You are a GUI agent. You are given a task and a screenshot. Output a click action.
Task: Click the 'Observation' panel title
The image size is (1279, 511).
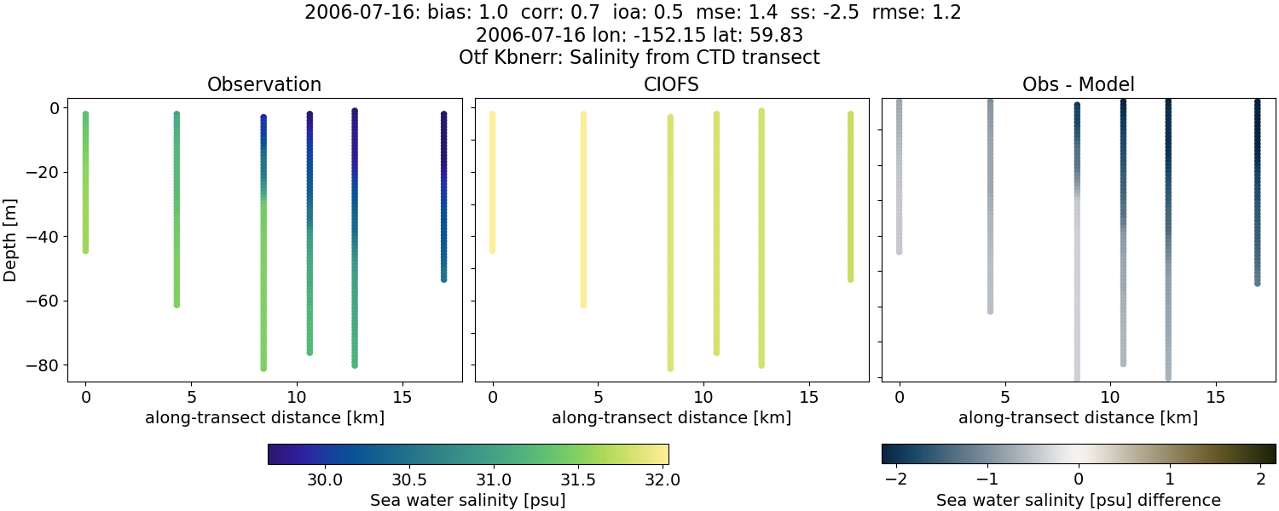(264, 85)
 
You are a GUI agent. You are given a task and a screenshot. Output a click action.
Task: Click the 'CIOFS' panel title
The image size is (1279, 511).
(671, 85)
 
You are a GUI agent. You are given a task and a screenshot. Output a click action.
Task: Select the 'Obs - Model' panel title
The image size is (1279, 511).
(1078, 85)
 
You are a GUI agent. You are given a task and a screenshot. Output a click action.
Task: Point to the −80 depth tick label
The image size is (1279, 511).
(42, 365)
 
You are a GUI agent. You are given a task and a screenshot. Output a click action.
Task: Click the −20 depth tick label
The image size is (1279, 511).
(42, 172)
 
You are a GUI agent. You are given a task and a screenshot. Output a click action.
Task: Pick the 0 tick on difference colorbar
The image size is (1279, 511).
(1079, 479)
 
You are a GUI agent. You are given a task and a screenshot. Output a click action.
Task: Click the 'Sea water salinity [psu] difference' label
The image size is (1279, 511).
(1079, 500)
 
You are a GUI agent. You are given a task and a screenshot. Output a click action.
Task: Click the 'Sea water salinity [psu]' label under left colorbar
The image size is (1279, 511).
(468, 500)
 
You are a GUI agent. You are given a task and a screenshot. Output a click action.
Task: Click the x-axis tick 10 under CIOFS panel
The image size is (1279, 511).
(703, 397)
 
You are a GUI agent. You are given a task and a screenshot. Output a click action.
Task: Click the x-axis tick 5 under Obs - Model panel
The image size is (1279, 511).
(1005, 397)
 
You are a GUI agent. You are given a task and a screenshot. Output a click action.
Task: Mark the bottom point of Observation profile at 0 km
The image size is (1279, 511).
(85, 250)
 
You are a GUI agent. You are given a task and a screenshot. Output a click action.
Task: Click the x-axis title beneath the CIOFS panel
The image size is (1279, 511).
(671, 418)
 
